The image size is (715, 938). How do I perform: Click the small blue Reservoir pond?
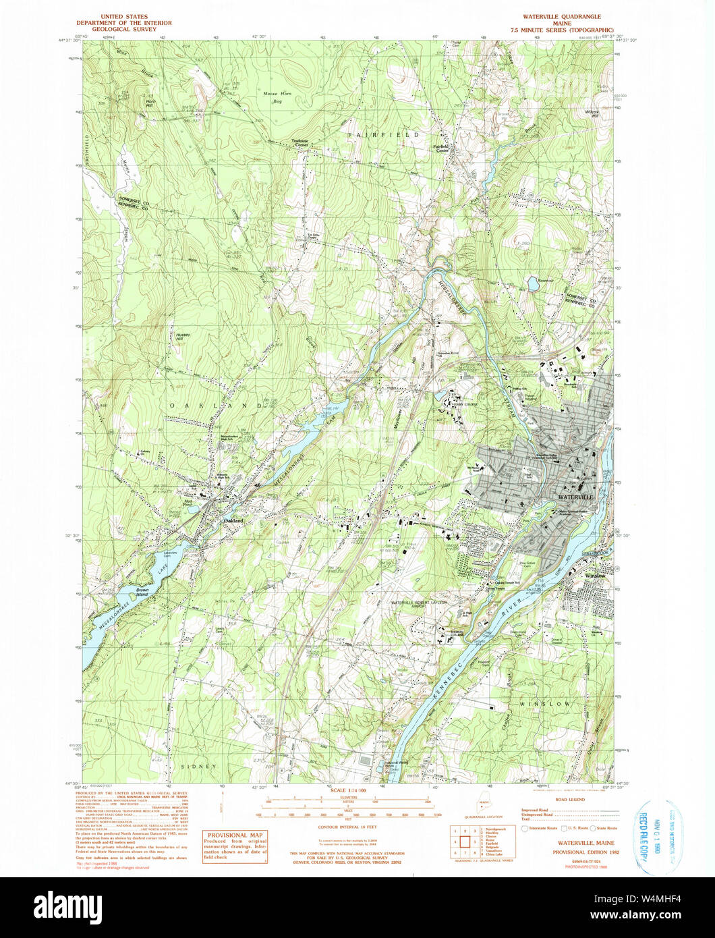pos(533,284)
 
